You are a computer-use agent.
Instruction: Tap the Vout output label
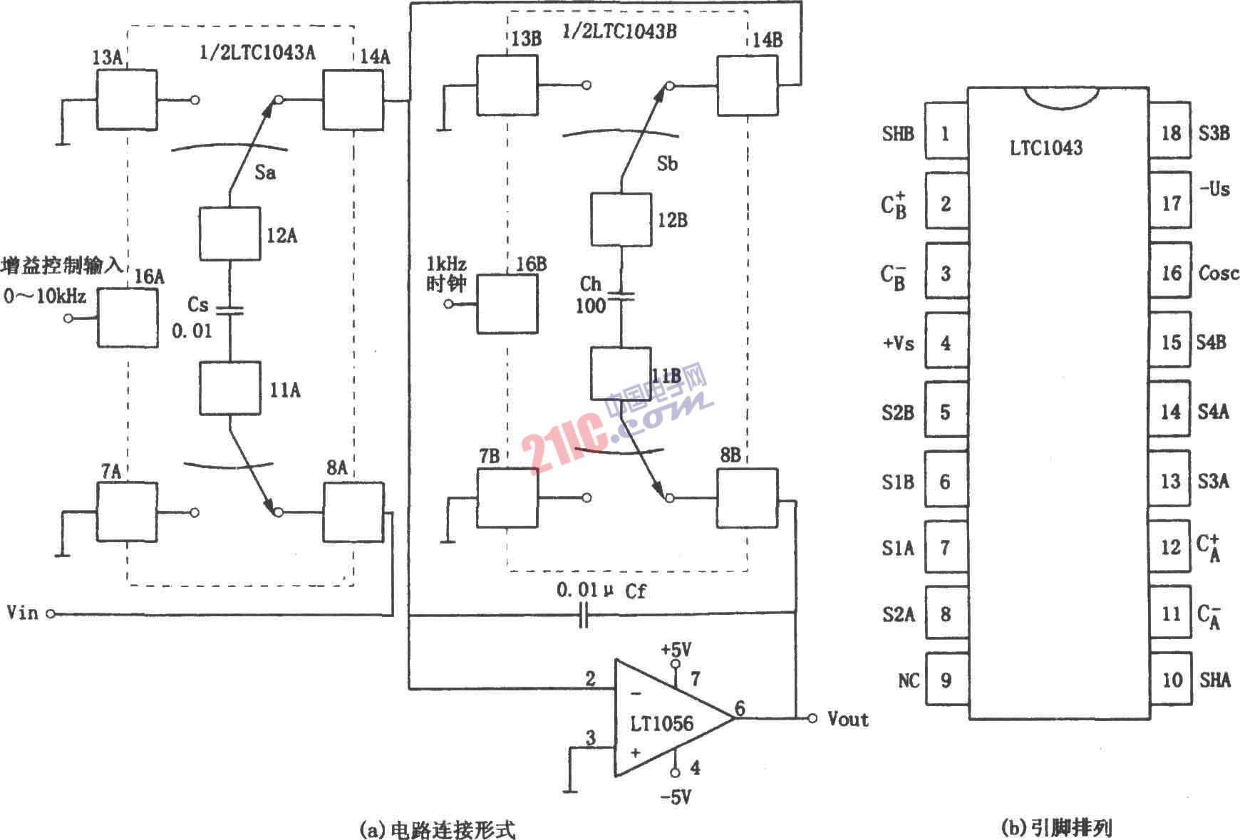tap(848, 719)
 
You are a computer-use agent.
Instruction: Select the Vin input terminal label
tap(22, 613)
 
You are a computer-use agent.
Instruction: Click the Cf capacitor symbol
tap(584, 614)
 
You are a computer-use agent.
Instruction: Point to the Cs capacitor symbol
tap(229, 310)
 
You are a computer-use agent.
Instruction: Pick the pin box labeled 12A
tap(229, 234)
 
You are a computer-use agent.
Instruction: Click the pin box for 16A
tap(128, 318)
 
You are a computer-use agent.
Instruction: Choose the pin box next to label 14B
tap(747, 85)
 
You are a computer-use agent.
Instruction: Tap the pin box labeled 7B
tap(507, 497)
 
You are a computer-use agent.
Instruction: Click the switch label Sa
tap(265, 172)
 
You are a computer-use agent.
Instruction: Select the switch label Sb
tap(667, 164)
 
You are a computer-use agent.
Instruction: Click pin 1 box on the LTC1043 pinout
tap(946, 133)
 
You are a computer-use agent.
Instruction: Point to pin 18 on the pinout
tap(1170, 133)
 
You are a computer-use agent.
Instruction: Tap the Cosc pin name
tap(1219, 273)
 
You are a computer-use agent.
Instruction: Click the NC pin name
tap(909, 681)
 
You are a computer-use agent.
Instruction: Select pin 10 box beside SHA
tap(1170, 680)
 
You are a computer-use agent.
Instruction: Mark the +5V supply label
tap(676, 650)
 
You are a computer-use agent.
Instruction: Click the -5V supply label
tap(676, 797)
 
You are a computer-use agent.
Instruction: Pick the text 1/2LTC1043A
tap(257, 53)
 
